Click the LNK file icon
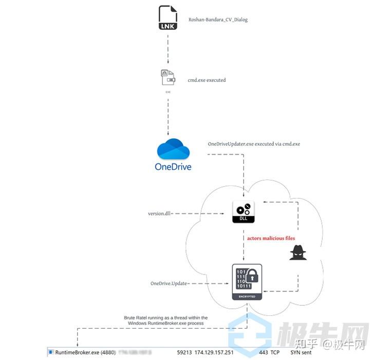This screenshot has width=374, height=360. (x=168, y=18)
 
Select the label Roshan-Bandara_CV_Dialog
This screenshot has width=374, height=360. (x=218, y=20)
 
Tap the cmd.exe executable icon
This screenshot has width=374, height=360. (x=167, y=78)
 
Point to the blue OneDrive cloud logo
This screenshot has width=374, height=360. (x=173, y=149)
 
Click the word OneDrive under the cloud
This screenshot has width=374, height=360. (x=173, y=167)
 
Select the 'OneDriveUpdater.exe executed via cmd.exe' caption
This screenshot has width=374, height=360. (x=254, y=144)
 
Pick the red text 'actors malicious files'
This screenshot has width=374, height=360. (x=271, y=239)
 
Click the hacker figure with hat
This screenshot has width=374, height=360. (x=298, y=253)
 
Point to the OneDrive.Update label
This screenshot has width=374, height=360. (x=169, y=283)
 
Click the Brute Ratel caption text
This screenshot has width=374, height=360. (x=165, y=320)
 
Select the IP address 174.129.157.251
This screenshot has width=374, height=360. (x=214, y=353)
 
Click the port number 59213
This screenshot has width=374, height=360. (x=184, y=353)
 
